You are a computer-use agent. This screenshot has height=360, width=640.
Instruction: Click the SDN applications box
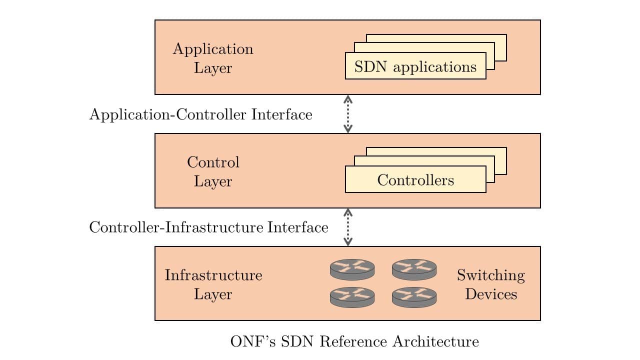click(x=415, y=66)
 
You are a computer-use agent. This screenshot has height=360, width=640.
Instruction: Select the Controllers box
click(x=415, y=179)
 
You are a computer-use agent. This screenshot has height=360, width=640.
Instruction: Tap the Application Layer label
click(x=213, y=58)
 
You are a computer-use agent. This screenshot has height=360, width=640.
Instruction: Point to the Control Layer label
click(x=213, y=171)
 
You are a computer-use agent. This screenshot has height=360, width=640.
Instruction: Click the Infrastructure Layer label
click(x=213, y=284)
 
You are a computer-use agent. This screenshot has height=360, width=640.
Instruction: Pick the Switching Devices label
click(x=490, y=284)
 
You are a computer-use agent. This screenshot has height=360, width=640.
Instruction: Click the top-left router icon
click(x=352, y=269)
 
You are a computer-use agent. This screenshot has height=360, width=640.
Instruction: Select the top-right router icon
click(x=414, y=269)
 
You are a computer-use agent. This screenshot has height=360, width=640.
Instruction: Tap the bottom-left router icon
click(x=352, y=297)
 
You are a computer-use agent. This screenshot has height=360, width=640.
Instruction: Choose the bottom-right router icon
click(x=414, y=297)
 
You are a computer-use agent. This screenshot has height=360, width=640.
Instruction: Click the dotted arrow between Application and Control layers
click(x=348, y=114)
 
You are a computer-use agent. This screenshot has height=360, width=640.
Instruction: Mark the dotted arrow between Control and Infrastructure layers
click(x=348, y=227)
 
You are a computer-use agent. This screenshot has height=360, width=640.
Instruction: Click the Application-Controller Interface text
click(x=200, y=114)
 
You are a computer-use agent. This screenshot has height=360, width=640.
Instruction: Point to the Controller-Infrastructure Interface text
click(x=208, y=227)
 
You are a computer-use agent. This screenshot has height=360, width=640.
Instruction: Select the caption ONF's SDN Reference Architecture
click(x=354, y=341)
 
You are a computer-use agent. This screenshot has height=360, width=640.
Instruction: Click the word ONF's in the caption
click(x=253, y=341)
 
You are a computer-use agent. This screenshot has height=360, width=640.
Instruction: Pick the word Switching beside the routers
click(x=490, y=275)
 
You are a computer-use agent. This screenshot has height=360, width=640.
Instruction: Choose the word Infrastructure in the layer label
click(x=213, y=275)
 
